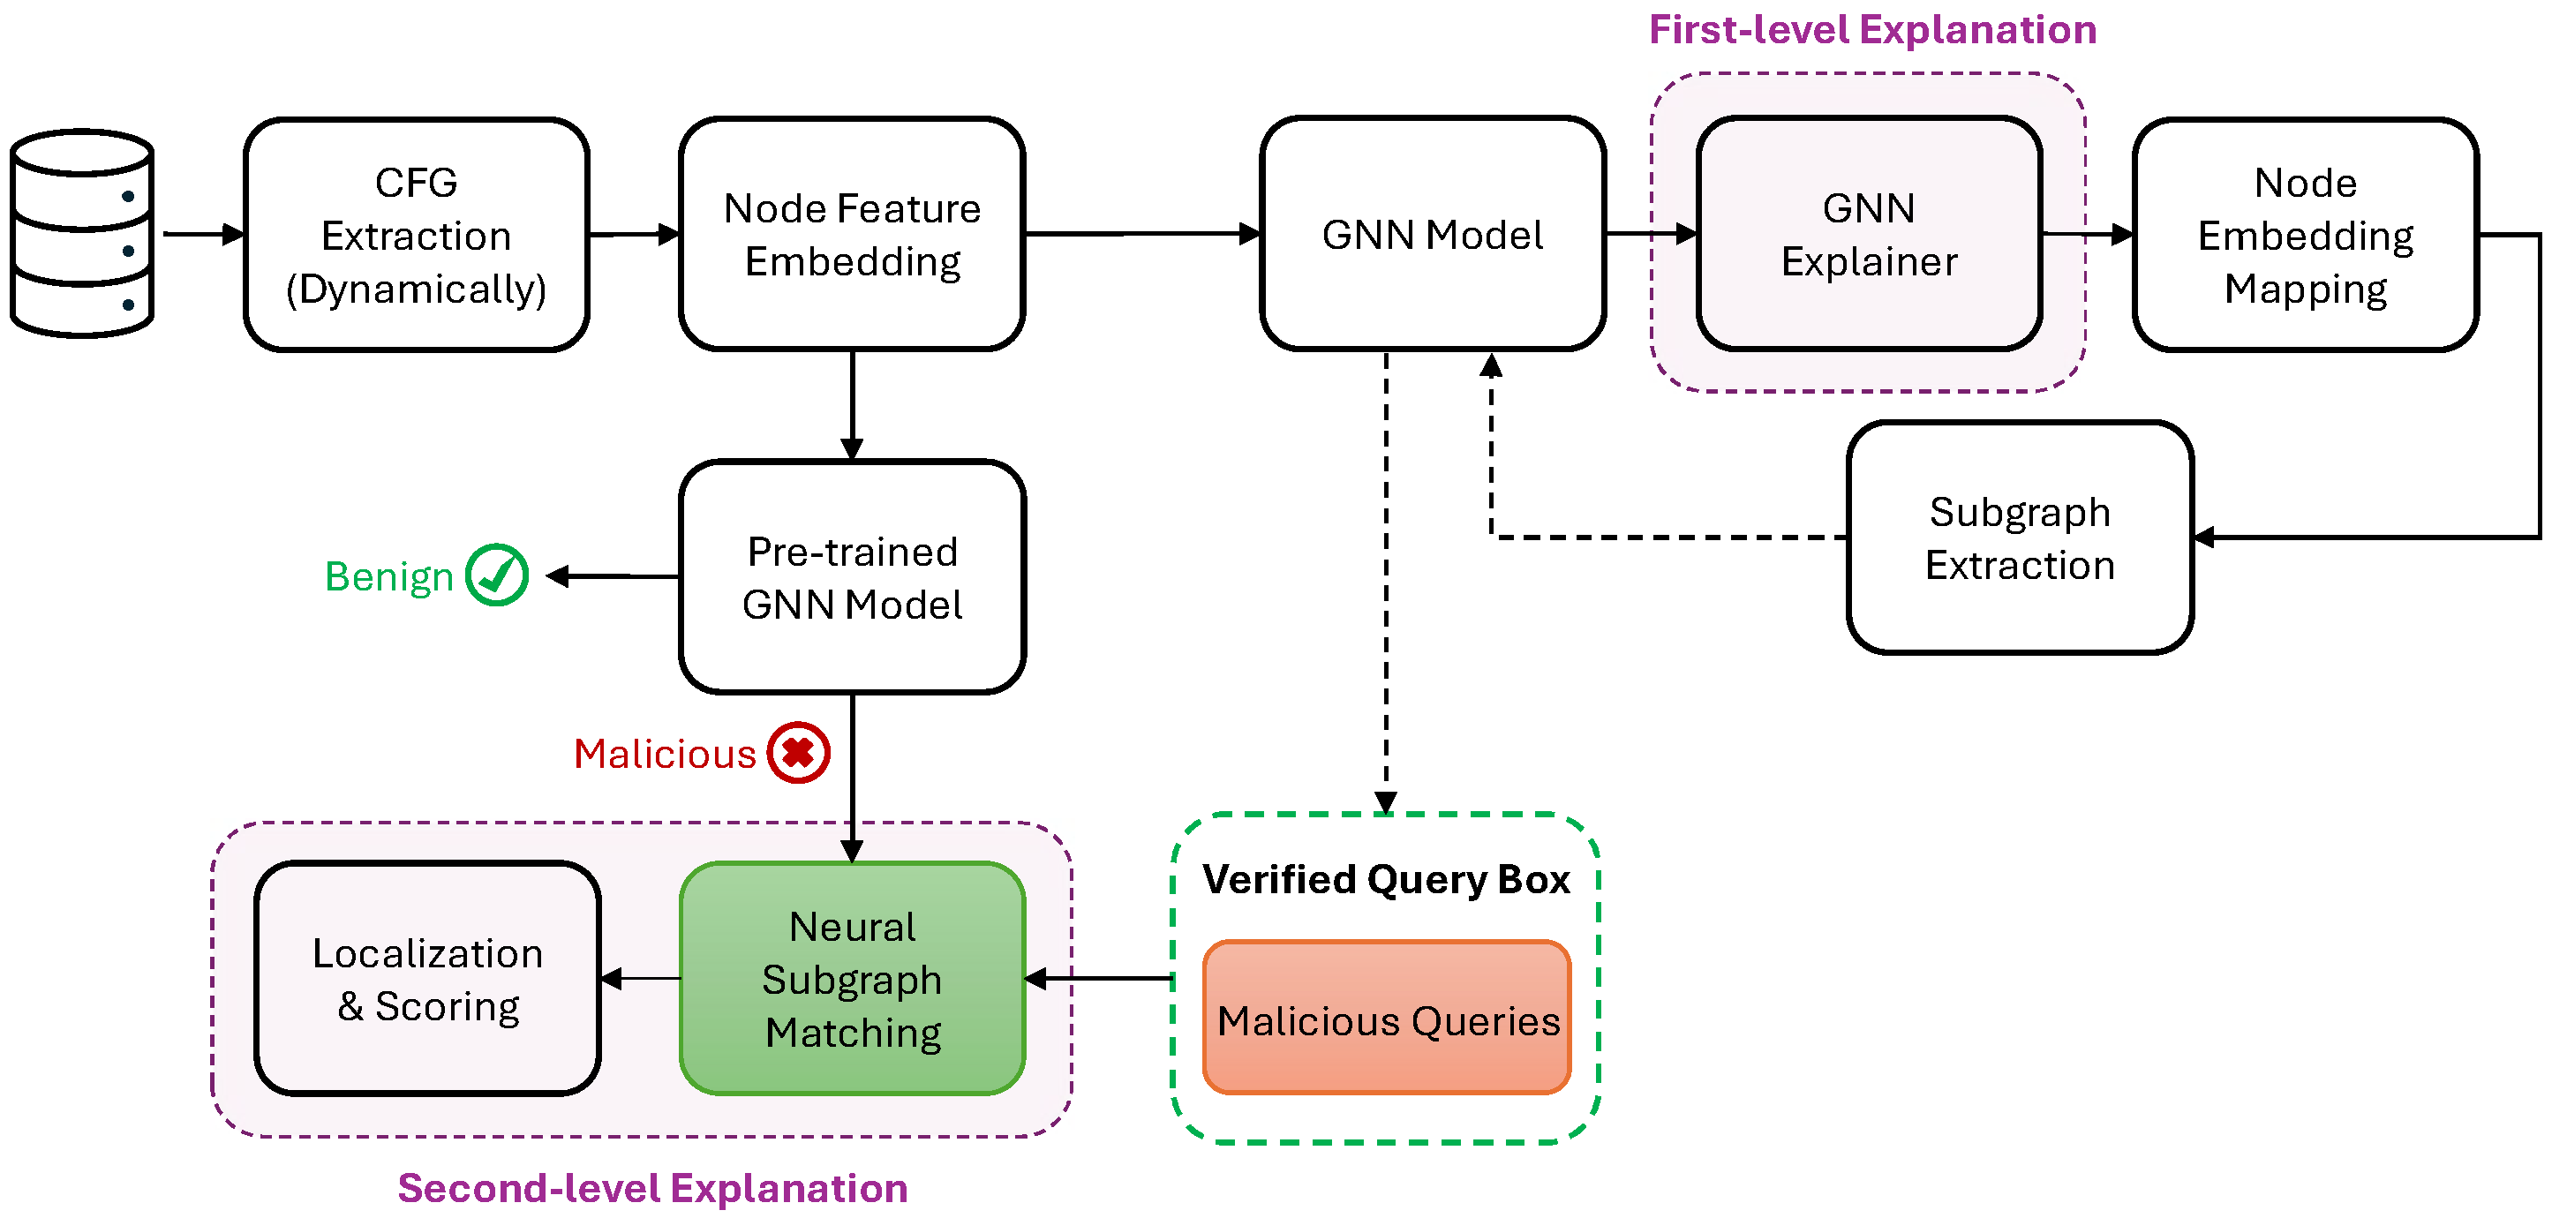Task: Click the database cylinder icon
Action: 82,234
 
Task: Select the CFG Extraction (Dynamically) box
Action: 416,235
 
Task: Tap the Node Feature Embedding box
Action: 851,235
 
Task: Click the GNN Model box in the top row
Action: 1432,235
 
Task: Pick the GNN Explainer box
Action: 1869,235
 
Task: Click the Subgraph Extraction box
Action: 2019,538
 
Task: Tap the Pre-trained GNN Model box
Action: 851,577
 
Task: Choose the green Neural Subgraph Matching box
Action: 851,978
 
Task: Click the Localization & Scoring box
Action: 427,978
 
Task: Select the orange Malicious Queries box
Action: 1386,1018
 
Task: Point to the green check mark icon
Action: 496,575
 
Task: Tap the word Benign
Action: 388,576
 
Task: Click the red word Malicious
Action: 665,754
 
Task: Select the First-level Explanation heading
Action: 1871,30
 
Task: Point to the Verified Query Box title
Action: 1385,878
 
